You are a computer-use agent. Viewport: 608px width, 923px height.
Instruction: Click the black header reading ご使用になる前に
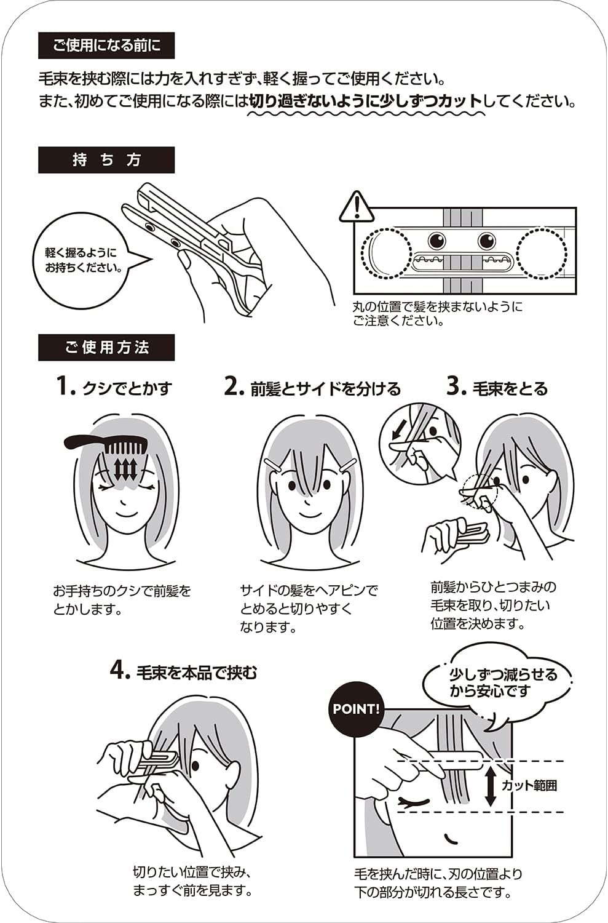pos(106,46)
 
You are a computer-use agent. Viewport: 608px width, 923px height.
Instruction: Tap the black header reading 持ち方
pos(106,160)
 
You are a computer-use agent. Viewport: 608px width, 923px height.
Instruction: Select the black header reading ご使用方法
pos(106,348)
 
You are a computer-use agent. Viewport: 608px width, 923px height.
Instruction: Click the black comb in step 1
pos(106,445)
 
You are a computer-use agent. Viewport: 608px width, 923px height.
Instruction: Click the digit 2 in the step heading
pos(231,386)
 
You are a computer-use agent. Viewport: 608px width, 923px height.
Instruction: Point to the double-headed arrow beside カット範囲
pos(490,786)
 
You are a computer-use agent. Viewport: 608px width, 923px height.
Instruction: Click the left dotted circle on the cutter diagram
pos(386,252)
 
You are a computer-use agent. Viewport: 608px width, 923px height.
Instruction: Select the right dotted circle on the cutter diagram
pos(542,252)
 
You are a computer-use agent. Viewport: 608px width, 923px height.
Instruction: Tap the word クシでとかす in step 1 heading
pos(127,388)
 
